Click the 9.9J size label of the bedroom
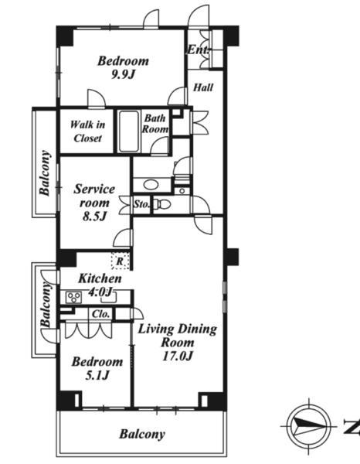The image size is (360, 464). [x=123, y=74]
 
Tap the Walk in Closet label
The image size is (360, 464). [x=87, y=131]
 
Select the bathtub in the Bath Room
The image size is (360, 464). [x=129, y=131]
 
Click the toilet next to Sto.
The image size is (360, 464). [x=163, y=204]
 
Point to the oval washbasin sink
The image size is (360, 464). [x=151, y=185]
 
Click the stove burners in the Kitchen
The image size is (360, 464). [x=73, y=297]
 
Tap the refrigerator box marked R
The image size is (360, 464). [x=120, y=261]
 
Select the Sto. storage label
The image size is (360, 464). [x=142, y=204]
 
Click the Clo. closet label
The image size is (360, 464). [x=101, y=314]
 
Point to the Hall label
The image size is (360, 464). [x=203, y=87]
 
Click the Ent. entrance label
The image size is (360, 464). [x=199, y=49]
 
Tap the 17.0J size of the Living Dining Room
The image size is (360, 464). [x=178, y=356]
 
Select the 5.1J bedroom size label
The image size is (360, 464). [x=97, y=376]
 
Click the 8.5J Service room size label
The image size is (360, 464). [x=94, y=217]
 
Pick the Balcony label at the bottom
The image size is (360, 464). [x=142, y=435]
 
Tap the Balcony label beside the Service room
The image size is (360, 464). [x=45, y=173]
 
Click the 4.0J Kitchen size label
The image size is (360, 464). [x=101, y=292]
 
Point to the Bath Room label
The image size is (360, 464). [x=155, y=124]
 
